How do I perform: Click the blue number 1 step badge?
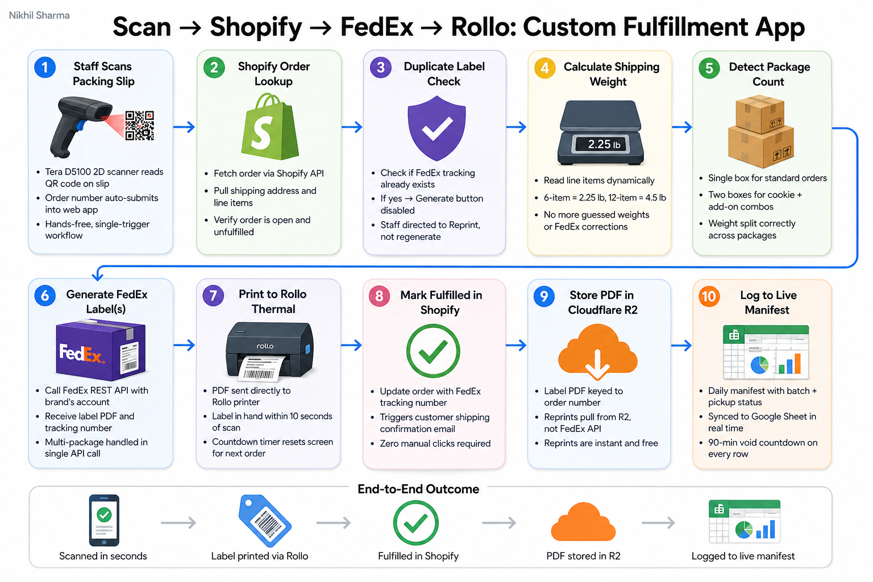click(45, 67)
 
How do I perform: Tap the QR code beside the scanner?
click(139, 126)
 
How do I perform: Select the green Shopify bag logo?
click(270, 126)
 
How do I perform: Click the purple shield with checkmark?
click(436, 128)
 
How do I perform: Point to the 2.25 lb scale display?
click(600, 144)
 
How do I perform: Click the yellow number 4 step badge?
click(545, 68)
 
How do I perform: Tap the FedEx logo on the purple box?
click(82, 353)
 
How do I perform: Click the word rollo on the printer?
click(265, 346)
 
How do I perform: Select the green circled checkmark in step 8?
click(433, 351)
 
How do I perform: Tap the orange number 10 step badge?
click(709, 297)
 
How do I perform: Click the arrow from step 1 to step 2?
click(184, 127)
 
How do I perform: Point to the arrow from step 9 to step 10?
click(681, 345)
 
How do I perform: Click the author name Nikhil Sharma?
click(39, 15)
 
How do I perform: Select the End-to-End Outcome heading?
click(418, 489)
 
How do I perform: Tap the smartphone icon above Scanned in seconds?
click(104, 521)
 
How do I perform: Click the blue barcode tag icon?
click(265, 521)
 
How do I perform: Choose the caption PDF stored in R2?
click(583, 556)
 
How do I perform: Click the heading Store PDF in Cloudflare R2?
click(602, 302)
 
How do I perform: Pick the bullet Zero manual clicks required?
click(435, 444)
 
